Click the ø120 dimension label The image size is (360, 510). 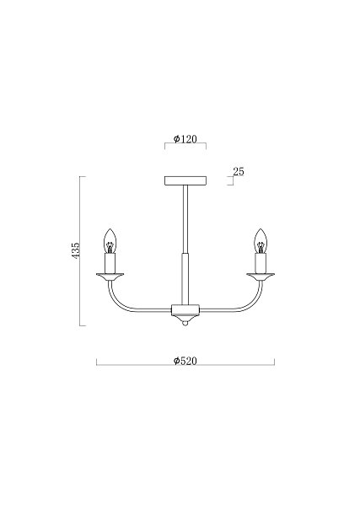185,139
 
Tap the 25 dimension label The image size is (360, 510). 239,171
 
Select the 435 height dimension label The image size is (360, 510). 75,250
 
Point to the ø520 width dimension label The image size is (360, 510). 185,361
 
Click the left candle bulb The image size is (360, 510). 110,241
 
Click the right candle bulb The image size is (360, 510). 261,241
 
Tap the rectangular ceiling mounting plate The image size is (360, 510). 185,181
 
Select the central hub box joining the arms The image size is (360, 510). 185,309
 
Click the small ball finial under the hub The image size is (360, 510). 185,324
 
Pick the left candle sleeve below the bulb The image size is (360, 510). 110,264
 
